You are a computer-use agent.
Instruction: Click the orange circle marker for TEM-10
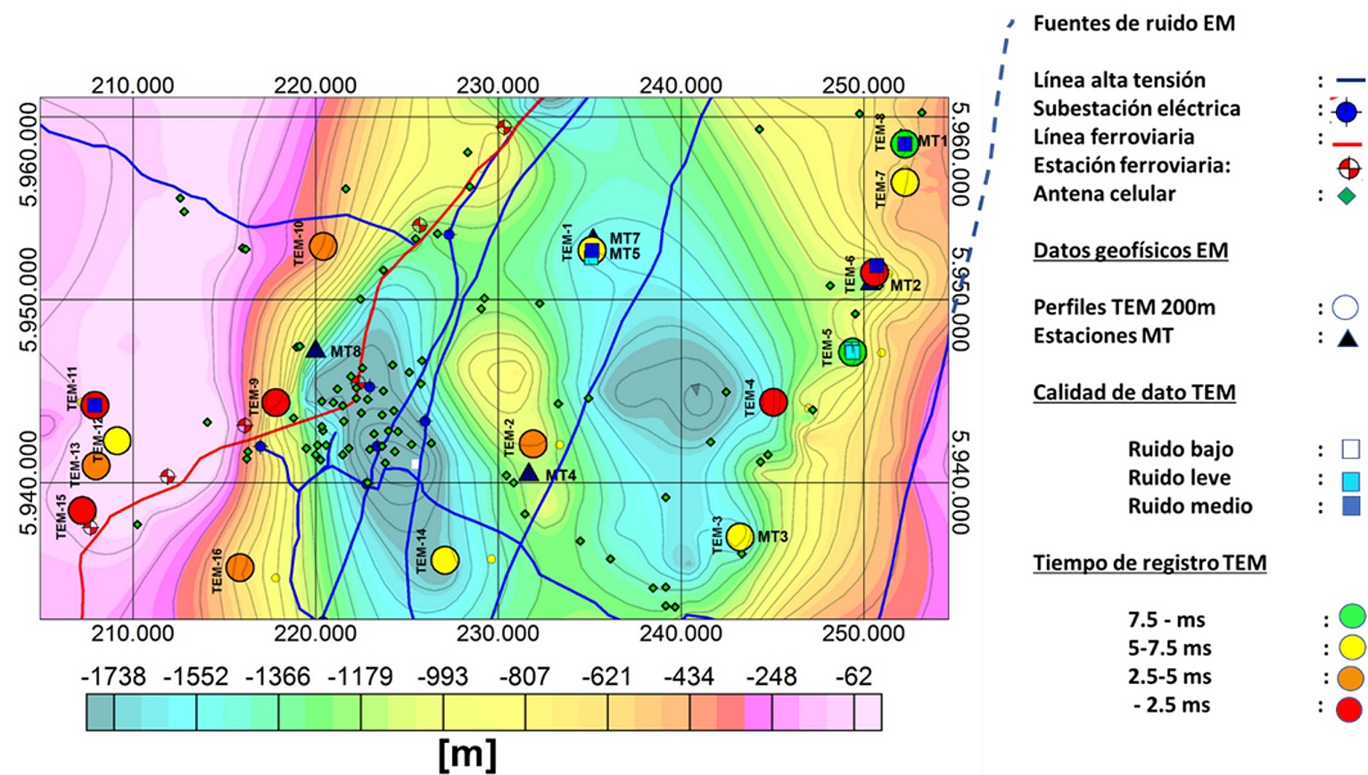click(323, 246)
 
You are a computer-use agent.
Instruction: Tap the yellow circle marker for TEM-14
click(445, 560)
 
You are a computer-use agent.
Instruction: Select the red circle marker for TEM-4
click(773, 402)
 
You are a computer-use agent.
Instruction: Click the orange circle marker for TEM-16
click(240, 567)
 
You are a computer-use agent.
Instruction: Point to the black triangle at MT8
click(316, 349)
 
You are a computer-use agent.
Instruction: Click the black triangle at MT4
click(529, 473)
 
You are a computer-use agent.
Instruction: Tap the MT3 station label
click(773, 537)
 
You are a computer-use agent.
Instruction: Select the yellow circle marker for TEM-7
click(904, 183)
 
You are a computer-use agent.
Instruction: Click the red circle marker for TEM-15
click(82, 510)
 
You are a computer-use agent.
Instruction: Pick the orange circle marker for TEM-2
click(532, 442)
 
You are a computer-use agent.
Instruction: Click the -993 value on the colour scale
click(442, 677)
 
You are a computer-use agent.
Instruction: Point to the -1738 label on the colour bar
click(113, 677)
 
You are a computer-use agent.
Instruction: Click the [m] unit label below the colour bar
click(467, 754)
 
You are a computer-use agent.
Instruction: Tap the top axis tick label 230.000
click(498, 87)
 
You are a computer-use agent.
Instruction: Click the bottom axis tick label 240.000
click(680, 634)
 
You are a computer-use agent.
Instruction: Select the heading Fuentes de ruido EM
click(1133, 24)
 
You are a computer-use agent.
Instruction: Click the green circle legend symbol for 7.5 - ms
click(1352, 617)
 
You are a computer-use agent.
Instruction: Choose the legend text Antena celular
click(1104, 194)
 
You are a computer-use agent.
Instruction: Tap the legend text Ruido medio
click(1190, 507)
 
